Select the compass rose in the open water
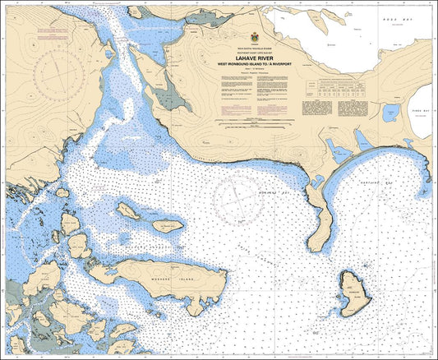click(238, 199)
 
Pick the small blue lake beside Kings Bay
click(391, 113)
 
